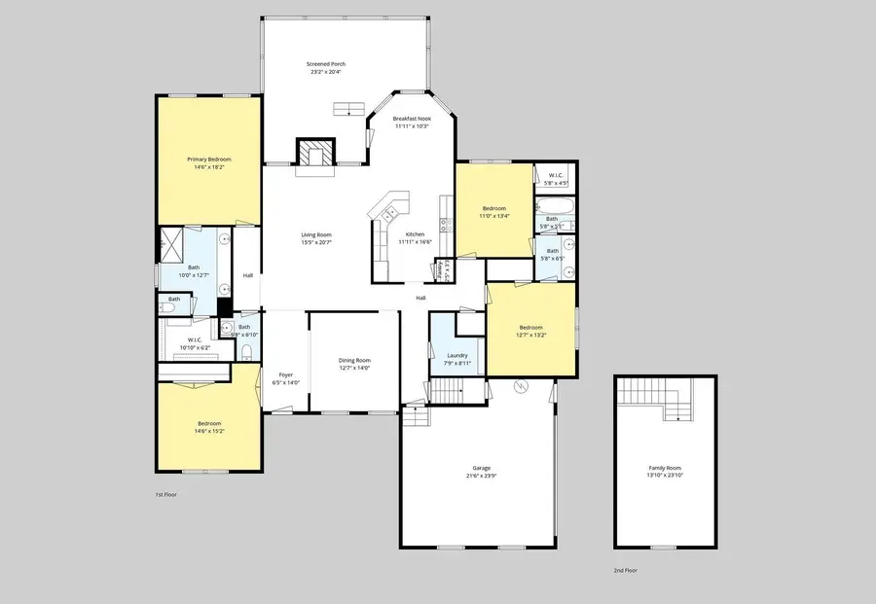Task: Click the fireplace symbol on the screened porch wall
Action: [x=314, y=153]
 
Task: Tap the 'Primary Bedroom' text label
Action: [x=209, y=159]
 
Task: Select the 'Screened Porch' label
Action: [x=327, y=64]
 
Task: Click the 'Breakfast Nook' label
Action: [x=412, y=118]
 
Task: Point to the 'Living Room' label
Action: [x=315, y=234]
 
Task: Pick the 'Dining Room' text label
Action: [x=354, y=360]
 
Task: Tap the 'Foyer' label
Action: [x=286, y=374]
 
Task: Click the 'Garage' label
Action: [x=475, y=468]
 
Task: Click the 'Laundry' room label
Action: [x=457, y=355]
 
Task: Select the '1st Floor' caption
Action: [x=165, y=495]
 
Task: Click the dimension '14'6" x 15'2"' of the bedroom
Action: [x=209, y=431]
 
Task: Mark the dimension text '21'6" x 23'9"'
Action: [x=475, y=476]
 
